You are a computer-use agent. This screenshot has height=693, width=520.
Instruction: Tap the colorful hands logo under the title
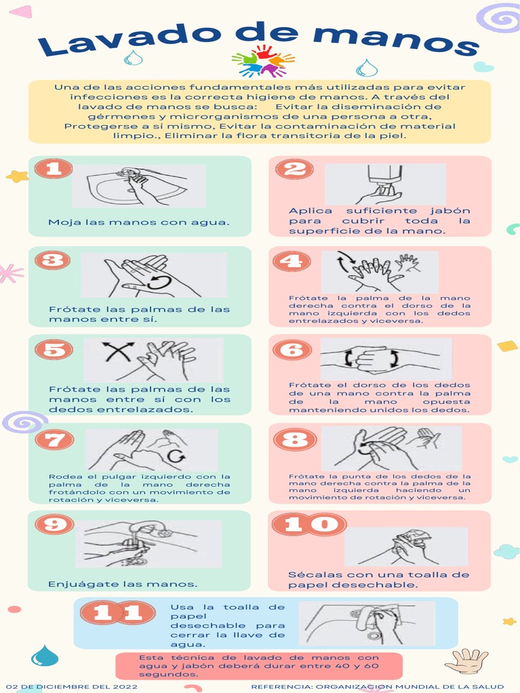263,60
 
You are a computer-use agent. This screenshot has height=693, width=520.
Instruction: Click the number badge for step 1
53,169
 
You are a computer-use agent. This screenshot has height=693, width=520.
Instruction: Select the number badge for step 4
292,260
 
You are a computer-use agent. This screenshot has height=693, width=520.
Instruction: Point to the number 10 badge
310,524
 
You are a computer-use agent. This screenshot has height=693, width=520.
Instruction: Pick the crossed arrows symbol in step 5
117,352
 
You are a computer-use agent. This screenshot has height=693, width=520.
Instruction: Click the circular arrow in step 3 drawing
160,282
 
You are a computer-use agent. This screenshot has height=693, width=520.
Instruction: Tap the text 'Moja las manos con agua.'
139,223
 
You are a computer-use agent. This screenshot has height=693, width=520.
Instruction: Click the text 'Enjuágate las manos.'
123,584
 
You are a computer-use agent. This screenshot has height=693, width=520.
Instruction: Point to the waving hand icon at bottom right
467,660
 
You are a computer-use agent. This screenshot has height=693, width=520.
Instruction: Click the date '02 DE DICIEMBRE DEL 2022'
72,687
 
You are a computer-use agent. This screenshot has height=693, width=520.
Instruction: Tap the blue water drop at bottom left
45,655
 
